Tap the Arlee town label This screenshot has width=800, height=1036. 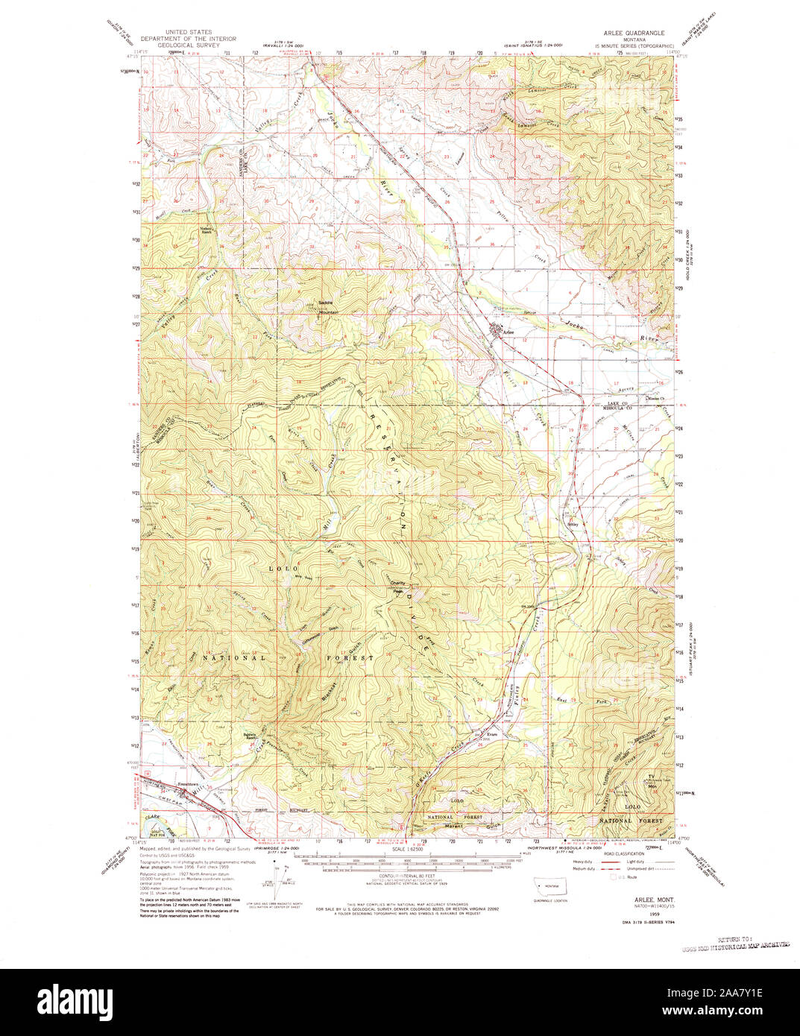pyautogui.click(x=508, y=332)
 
